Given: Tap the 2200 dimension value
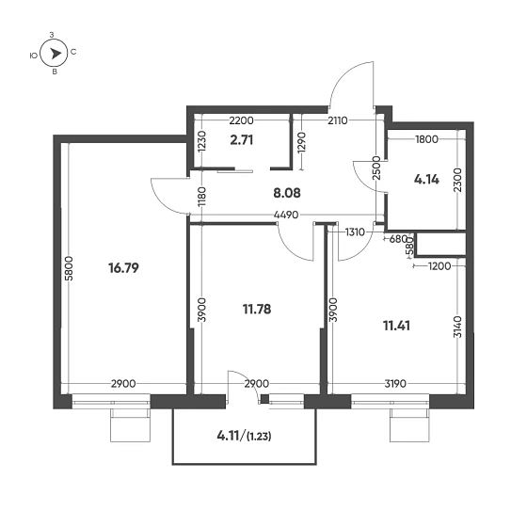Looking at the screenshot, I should (242, 121).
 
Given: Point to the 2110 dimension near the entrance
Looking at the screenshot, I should (339, 121).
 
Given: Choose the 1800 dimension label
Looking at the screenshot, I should (426, 139).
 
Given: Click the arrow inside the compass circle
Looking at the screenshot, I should (55, 56).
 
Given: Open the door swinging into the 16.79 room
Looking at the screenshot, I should (167, 197).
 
